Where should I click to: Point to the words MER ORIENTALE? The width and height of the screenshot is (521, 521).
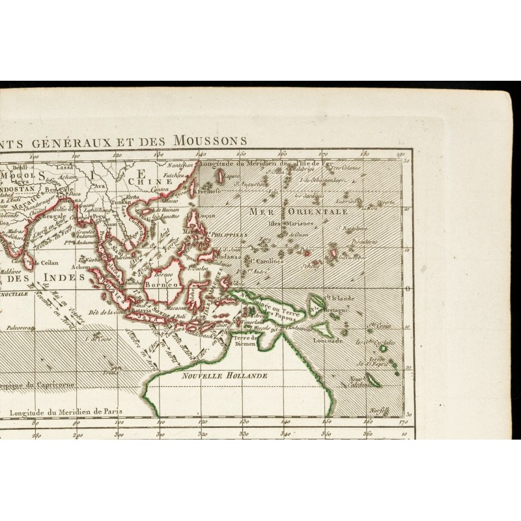pos(298,212)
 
